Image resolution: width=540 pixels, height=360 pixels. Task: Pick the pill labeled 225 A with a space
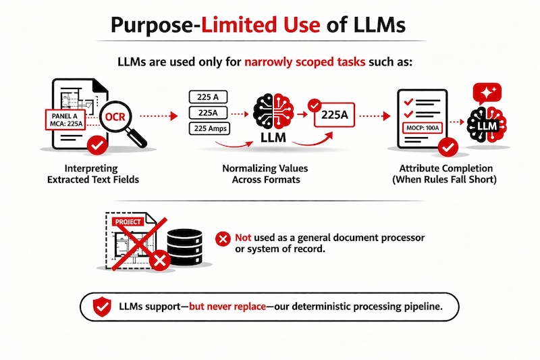(209, 97)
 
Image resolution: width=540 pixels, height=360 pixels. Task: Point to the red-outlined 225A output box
(335, 115)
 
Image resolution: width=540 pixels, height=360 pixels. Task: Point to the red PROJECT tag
(128, 221)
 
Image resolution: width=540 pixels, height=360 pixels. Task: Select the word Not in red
(244, 238)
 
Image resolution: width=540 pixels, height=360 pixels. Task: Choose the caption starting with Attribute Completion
(442, 174)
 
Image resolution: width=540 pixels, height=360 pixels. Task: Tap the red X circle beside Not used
(221, 238)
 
